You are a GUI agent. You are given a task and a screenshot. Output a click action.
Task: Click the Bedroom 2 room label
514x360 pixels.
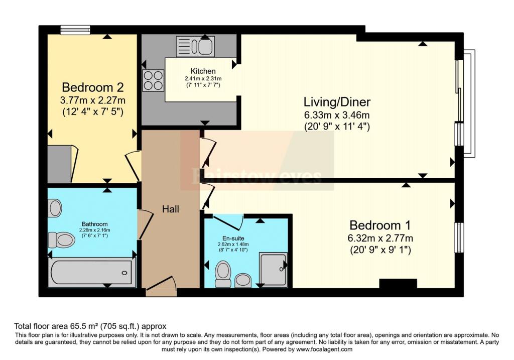pyautogui.click(x=93, y=87)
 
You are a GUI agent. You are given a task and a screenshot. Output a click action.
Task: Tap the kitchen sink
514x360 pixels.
pyautogui.click(x=195, y=46)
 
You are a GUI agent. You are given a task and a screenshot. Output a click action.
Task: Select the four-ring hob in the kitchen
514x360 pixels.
pyautogui.click(x=153, y=80)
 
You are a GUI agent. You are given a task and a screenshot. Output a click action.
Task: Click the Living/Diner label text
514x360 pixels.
pyautogui.click(x=337, y=102)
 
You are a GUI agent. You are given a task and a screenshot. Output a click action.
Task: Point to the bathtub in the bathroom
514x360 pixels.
pyautogui.click(x=92, y=272)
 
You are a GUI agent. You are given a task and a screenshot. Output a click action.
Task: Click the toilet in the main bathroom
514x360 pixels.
pyautogui.click(x=62, y=239)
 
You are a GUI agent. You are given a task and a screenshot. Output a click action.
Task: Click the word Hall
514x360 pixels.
pyautogui.click(x=171, y=209)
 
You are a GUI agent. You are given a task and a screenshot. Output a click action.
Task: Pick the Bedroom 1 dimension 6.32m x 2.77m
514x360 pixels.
pyautogui.click(x=380, y=238)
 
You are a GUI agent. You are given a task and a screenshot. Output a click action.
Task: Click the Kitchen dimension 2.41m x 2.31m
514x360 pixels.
pyautogui.click(x=203, y=79)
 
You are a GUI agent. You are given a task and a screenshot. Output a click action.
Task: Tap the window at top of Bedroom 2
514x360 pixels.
pyautogui.click(x=75, y=30)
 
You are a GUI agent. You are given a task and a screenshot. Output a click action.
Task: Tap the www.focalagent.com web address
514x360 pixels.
pyautogui.click(x=324, y=349)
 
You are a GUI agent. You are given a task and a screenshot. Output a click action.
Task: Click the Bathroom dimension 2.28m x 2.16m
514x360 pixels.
pyautogui.click(x=95, y=230)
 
